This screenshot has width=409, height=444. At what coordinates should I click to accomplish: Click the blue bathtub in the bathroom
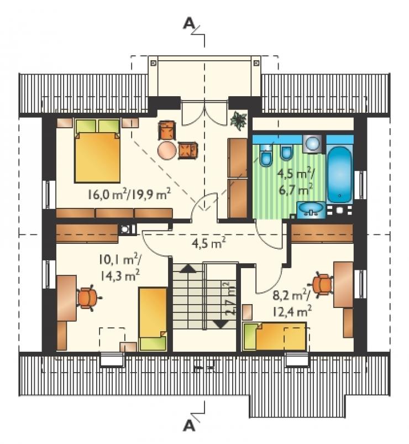(339, 174)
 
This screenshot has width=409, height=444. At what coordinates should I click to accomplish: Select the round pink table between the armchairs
(167, 150)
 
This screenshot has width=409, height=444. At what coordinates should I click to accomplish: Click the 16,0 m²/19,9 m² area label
(129, 194)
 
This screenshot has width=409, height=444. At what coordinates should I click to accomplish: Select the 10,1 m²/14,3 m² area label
(119, 268)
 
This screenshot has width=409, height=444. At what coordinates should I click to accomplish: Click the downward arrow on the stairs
(220, 323)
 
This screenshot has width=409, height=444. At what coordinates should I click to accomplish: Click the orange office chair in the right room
(323, 285)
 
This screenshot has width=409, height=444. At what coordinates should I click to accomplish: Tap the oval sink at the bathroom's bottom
(311, 210)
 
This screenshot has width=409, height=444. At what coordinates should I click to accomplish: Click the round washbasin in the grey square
(313, 144)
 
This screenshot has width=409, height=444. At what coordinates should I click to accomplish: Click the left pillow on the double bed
(86, 126)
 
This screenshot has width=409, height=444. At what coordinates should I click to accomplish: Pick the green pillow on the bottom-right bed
(249, 337)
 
